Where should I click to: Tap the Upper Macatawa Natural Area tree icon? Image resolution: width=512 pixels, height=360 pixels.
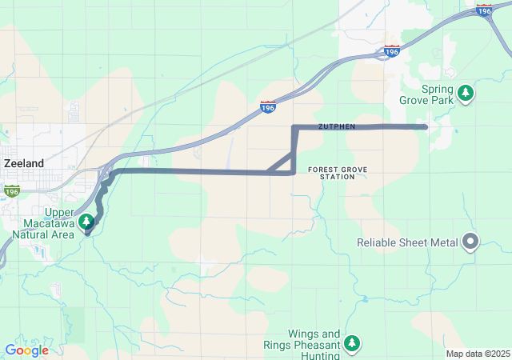click(86, 221)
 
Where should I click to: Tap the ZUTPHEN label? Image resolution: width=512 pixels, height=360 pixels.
click(336, 126)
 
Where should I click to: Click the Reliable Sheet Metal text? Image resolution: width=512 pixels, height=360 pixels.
click(407, 242)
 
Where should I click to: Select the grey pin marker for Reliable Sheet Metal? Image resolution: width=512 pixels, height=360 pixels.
click(470, 242)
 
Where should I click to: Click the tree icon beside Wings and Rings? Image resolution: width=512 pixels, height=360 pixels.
click(352, 344)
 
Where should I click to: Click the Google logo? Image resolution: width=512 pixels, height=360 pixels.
click(26, 350)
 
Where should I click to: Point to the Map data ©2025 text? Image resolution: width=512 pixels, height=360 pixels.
click(478, 354)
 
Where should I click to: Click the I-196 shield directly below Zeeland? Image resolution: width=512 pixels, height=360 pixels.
click(11, 191)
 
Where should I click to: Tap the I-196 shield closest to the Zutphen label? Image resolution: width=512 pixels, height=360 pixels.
click(269, 106)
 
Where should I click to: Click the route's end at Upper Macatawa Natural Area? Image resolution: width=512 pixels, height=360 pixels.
click(87, 231)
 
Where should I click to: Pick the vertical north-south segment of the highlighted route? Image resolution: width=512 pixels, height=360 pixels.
click(294, 149)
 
